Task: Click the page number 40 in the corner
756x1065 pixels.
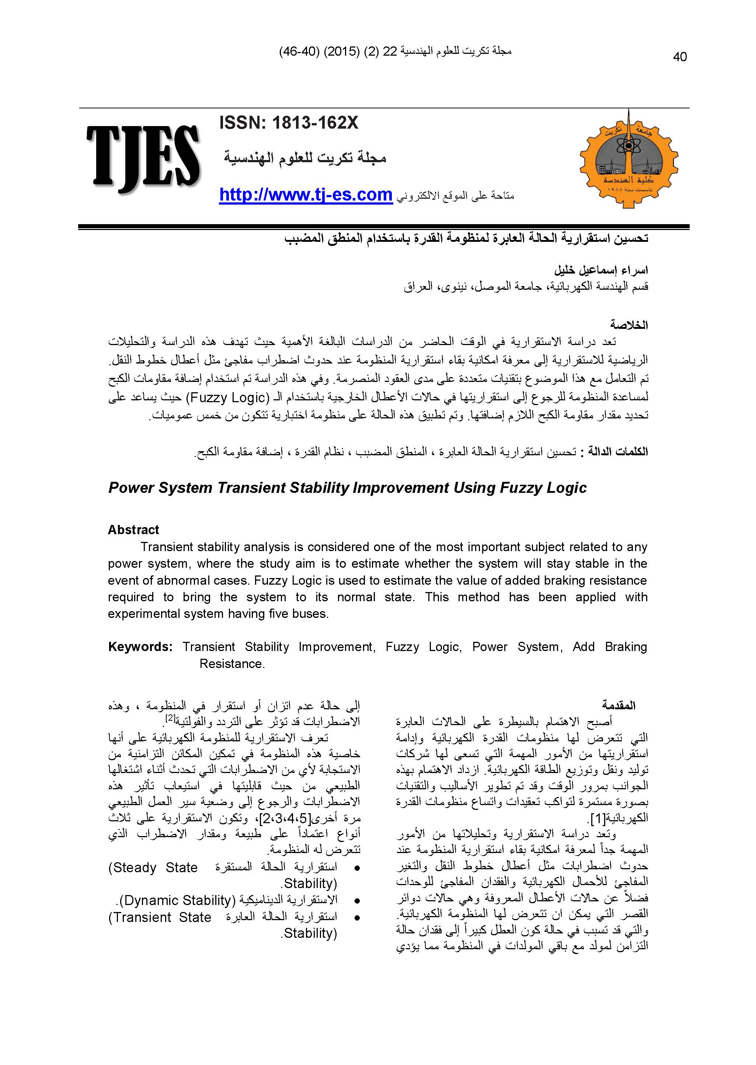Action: coord(680,57)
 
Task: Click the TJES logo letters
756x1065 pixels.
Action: coord(143,158)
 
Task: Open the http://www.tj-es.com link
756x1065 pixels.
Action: coord(306,195)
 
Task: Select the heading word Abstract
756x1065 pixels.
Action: coord(133,530)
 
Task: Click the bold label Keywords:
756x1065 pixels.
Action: coord(140,647)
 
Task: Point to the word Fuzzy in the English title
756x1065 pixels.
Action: coord(520,488)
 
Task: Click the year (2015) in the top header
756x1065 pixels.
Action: coord(342,52)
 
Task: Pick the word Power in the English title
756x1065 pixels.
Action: coord(131,488)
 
